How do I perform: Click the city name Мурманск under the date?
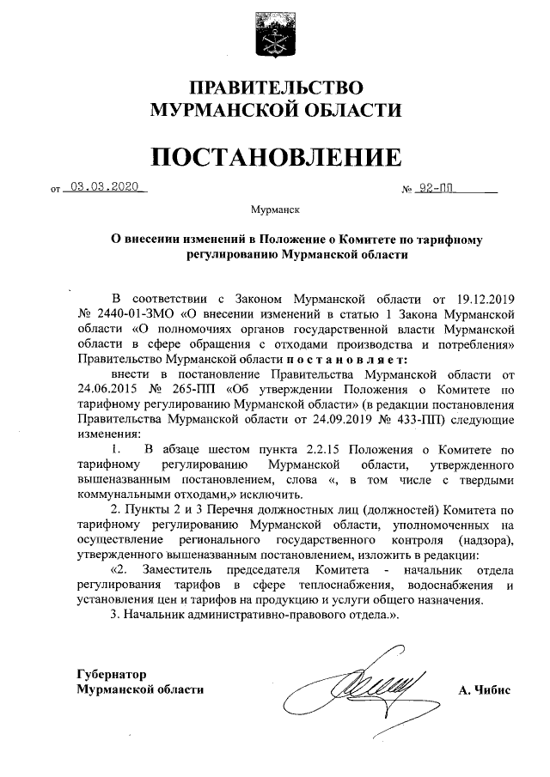[x=274, y=209]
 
